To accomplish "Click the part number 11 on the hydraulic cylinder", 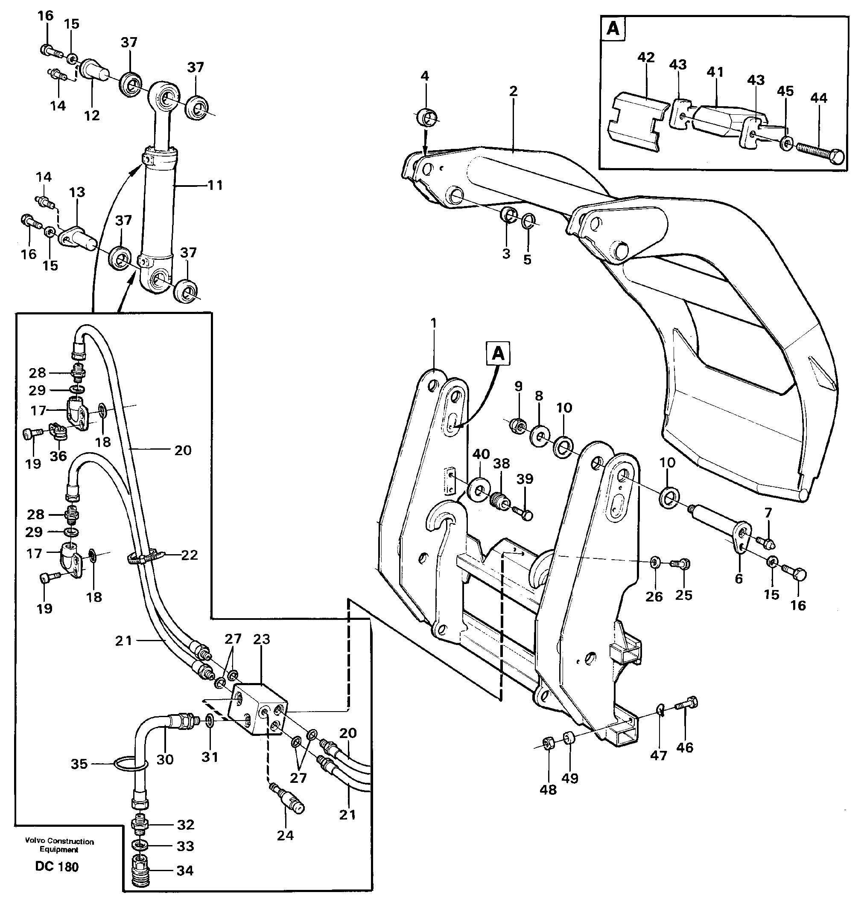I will tap(215, 185).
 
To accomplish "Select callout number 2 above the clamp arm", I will tap(514, 91).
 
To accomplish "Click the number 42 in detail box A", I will tap(646, 58).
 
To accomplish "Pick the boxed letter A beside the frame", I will tap(498, 354).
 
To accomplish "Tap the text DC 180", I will tap(57, 867).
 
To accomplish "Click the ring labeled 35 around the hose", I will tap(129, 764).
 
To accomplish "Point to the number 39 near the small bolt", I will tap(525, 479).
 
